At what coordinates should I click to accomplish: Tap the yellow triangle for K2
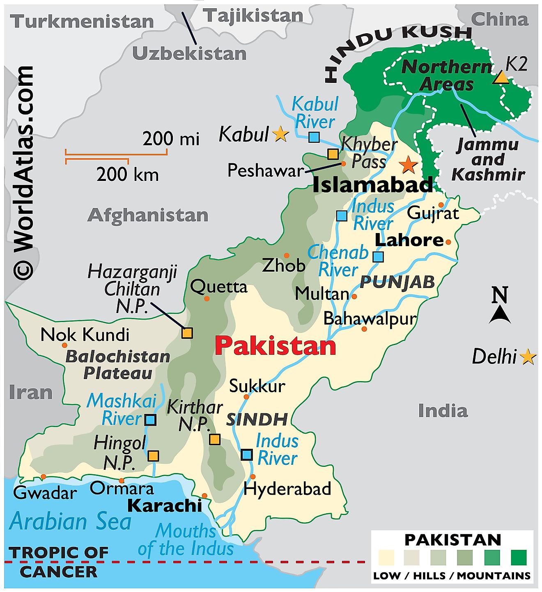[x=501, y=78]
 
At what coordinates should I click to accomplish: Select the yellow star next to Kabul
[x=280, y=134]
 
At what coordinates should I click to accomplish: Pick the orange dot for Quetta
[x=207, y=298]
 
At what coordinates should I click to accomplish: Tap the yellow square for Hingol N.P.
[x=153, y=456]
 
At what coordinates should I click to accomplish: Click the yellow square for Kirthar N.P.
[x=214, y=439]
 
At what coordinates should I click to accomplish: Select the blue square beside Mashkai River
[x=151, y=419]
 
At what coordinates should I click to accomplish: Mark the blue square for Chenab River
[x=378, y=257]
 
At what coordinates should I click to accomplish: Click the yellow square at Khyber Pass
[x=333, y=154]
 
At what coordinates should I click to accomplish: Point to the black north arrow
[x=500, y=314]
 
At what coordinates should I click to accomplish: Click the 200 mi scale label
[x=170, y=139]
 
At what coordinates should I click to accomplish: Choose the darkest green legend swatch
[x=519, y=558]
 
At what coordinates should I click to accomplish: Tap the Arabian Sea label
[x=70, y=521]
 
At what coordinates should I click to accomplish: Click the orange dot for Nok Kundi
[x=64, y=345]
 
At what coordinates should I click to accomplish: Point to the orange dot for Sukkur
[x=246, y=397]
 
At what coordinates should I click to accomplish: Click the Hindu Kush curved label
[x=394, y=45]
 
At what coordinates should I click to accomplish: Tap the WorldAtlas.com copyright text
[x=23, y=172]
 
